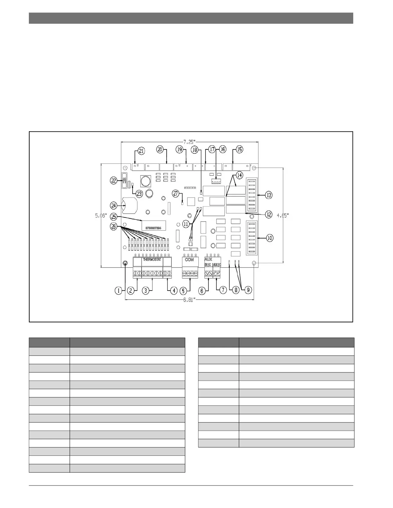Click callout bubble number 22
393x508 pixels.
point(114,181)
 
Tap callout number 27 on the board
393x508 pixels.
point(175,193)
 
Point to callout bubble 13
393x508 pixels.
point(268,195)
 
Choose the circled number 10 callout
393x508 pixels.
point(270,238)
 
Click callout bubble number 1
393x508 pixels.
point(119,291)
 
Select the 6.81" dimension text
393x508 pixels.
point(189,300)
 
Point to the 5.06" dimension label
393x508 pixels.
point(100,216)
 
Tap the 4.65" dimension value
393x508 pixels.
point(283,216)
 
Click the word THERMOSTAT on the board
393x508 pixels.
point(152,259)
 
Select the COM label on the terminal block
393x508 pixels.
point(189,260)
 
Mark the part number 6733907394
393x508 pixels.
point(153,228)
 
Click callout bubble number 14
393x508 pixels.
point(240,175)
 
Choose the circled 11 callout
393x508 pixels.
point(186,224)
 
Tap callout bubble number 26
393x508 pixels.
point(114,226)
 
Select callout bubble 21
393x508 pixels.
point(141,150)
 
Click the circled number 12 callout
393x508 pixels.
point(268,215)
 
